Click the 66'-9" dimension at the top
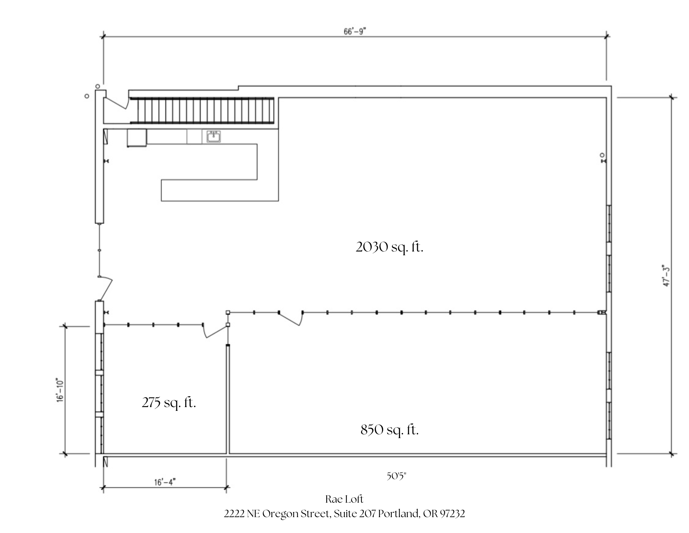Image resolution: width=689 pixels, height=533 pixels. click(354, 32)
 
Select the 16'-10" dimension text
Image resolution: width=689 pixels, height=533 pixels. click(61, 390)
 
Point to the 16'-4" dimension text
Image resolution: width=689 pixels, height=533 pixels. click(165, 482)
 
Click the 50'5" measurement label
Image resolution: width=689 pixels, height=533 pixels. click(396, 476)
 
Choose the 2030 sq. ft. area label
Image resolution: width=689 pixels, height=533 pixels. click(389, 247)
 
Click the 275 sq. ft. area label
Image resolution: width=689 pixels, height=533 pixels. click(169, 402)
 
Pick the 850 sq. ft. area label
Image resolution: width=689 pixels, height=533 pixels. click(390, 430)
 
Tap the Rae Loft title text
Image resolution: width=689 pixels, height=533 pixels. click(344, 499)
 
